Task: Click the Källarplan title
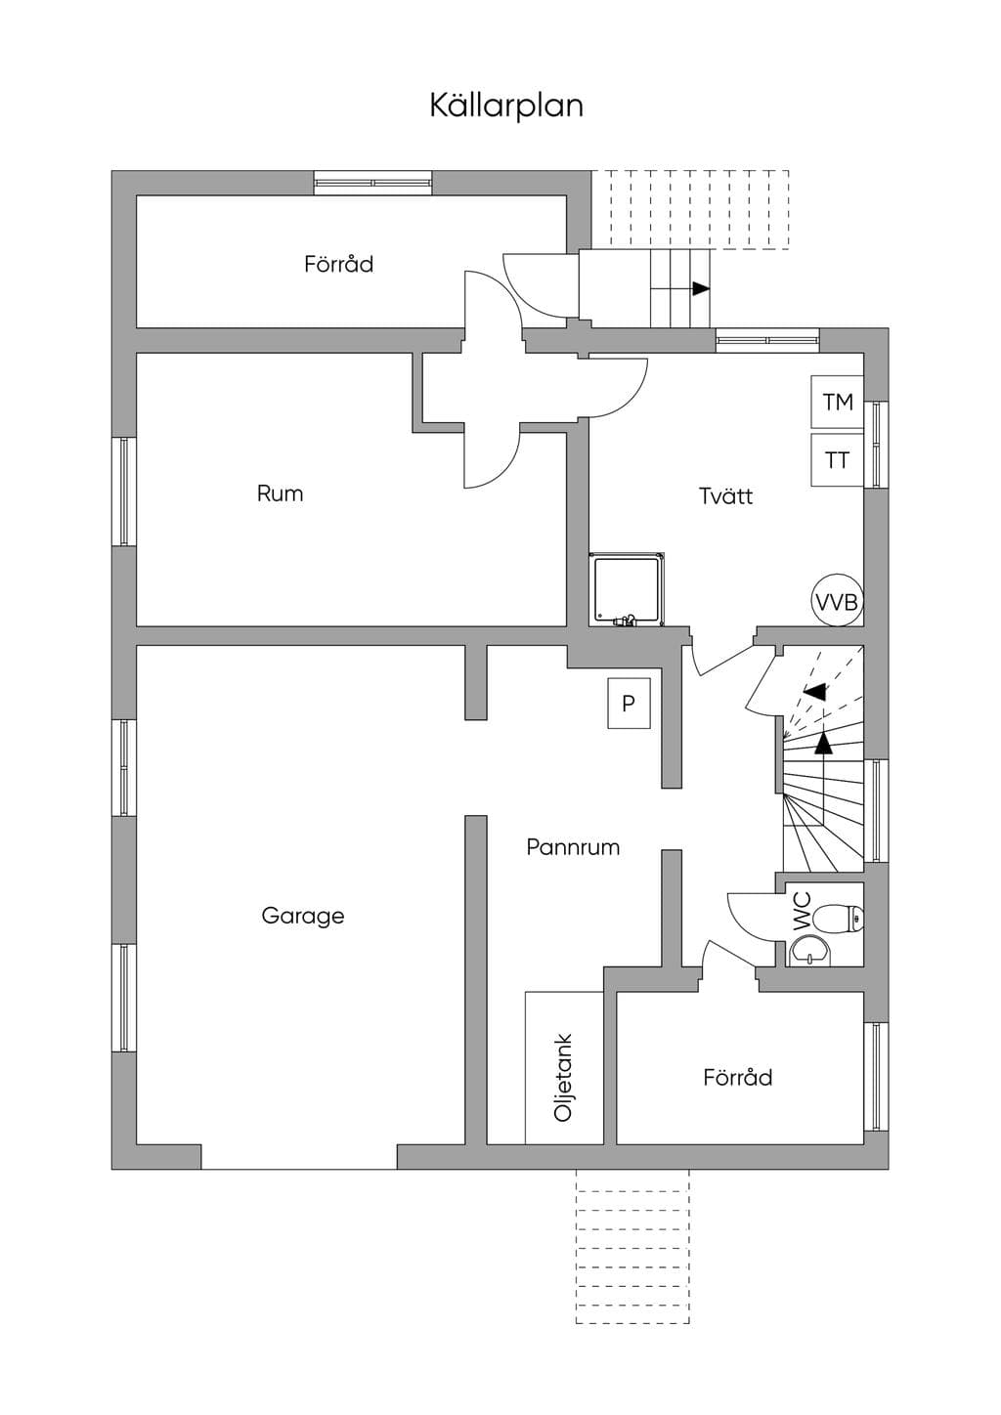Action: pyautogui.click(x=506, y=106)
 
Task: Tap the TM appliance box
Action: pyautogui.click(x=838, y=402)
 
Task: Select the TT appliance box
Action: pyautogui.click(x=838, y=460)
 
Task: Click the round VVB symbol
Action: pyautogui.click(x=837, y=601)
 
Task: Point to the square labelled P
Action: pyautogui.click(x=629, y=703)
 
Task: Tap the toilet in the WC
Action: pyautogui.click(x=840, y=919)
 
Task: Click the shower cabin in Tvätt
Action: pyautogui.click(x=627, y=589)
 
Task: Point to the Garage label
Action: pyautogui.click(x=303, y=916)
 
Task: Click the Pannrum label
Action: pyautogui.click(x=573, y=847)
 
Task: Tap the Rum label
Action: pyautogui.click(x=280, y=493)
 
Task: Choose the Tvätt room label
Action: pyautogui.click(x=725, y=495)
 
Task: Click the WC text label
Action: pyautogui.click(x=802, y=912)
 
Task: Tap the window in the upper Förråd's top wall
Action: pyautogui.click(x=373, y=183)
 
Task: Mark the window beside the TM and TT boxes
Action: pyautogui.click(x=876, y=444)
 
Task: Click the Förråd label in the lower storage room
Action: pyautogui.click(x=737, y=1077)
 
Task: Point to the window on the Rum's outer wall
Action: pyautogui.click(x=124, y=492)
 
